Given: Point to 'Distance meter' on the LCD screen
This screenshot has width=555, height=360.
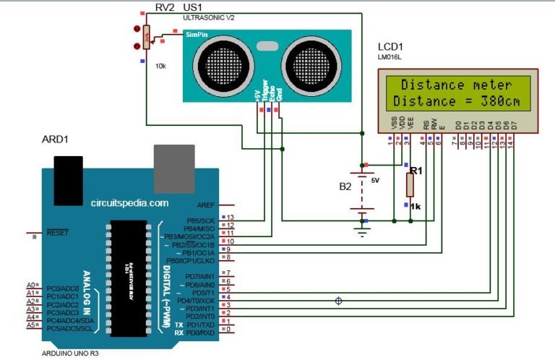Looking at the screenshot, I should [457, 85].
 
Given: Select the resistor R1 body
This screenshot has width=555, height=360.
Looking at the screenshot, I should [410, 184].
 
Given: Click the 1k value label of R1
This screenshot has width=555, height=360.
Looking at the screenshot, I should [416, 206].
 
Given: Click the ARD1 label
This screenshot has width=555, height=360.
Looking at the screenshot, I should [55, 140].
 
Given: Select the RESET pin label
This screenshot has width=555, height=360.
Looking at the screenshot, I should [57, 233].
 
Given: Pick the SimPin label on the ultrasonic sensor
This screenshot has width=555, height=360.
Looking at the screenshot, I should [196, 34].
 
